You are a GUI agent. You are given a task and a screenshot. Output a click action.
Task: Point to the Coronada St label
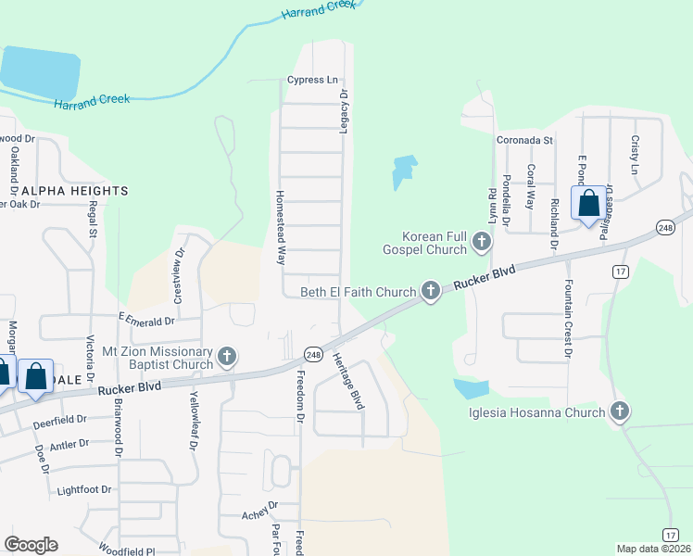tap(523, 140)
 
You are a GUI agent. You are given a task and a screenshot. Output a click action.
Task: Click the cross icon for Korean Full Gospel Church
tap(481, 243)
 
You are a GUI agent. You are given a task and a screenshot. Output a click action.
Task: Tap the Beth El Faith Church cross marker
tap(430, 291)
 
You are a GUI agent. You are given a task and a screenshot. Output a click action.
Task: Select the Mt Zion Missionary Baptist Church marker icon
tap(227, 357)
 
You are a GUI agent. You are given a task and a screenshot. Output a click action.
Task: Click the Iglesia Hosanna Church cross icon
tap(619, 411)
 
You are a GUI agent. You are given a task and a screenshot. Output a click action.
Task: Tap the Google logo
tap(31, 545)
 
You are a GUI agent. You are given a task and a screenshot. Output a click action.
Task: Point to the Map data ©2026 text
tap(653, 549)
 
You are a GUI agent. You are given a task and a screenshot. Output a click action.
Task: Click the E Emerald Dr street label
tap(146, 321)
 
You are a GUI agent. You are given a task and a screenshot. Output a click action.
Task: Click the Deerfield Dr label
tap(58, 419)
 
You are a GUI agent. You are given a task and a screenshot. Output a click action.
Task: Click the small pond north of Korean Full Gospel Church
tap(404, 171)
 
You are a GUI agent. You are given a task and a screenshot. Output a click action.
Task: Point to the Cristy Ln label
tap(636, 155)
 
